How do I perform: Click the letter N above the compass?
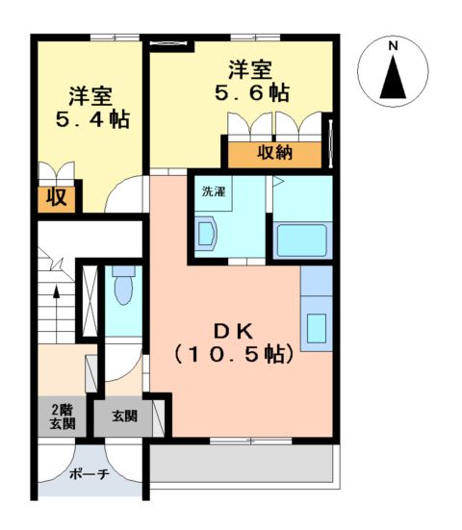click(x=393, y=46)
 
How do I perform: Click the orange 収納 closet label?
click(x=273, y=153)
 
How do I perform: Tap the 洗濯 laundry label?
click(x=214, y=190)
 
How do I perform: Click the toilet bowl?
click(x=122, y=286)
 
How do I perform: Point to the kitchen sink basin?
click(x=316, y=328)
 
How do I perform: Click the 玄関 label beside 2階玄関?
click(x=123, y=416)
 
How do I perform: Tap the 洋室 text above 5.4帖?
click(x=90, y=96)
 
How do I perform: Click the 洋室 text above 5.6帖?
click(x=250, y=69)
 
